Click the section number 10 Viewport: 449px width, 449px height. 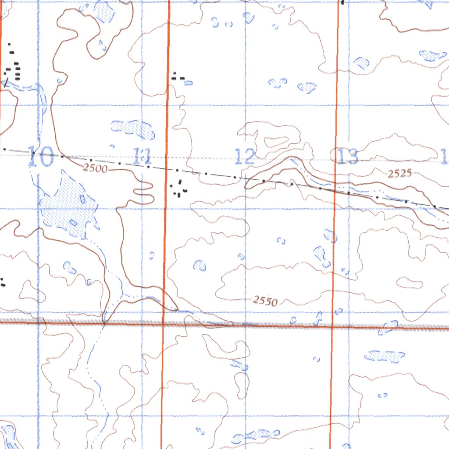point(40,157)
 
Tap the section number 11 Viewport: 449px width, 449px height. point(142,156)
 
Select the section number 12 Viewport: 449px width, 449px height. point(245,157)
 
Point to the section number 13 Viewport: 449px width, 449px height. point(347,157)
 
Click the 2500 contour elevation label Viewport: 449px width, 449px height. point(95,168)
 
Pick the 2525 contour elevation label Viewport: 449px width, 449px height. point(400,174)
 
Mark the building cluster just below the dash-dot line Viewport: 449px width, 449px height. point(179,189)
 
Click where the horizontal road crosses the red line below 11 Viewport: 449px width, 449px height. point(163,324)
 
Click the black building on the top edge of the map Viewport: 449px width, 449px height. point(342,2)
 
